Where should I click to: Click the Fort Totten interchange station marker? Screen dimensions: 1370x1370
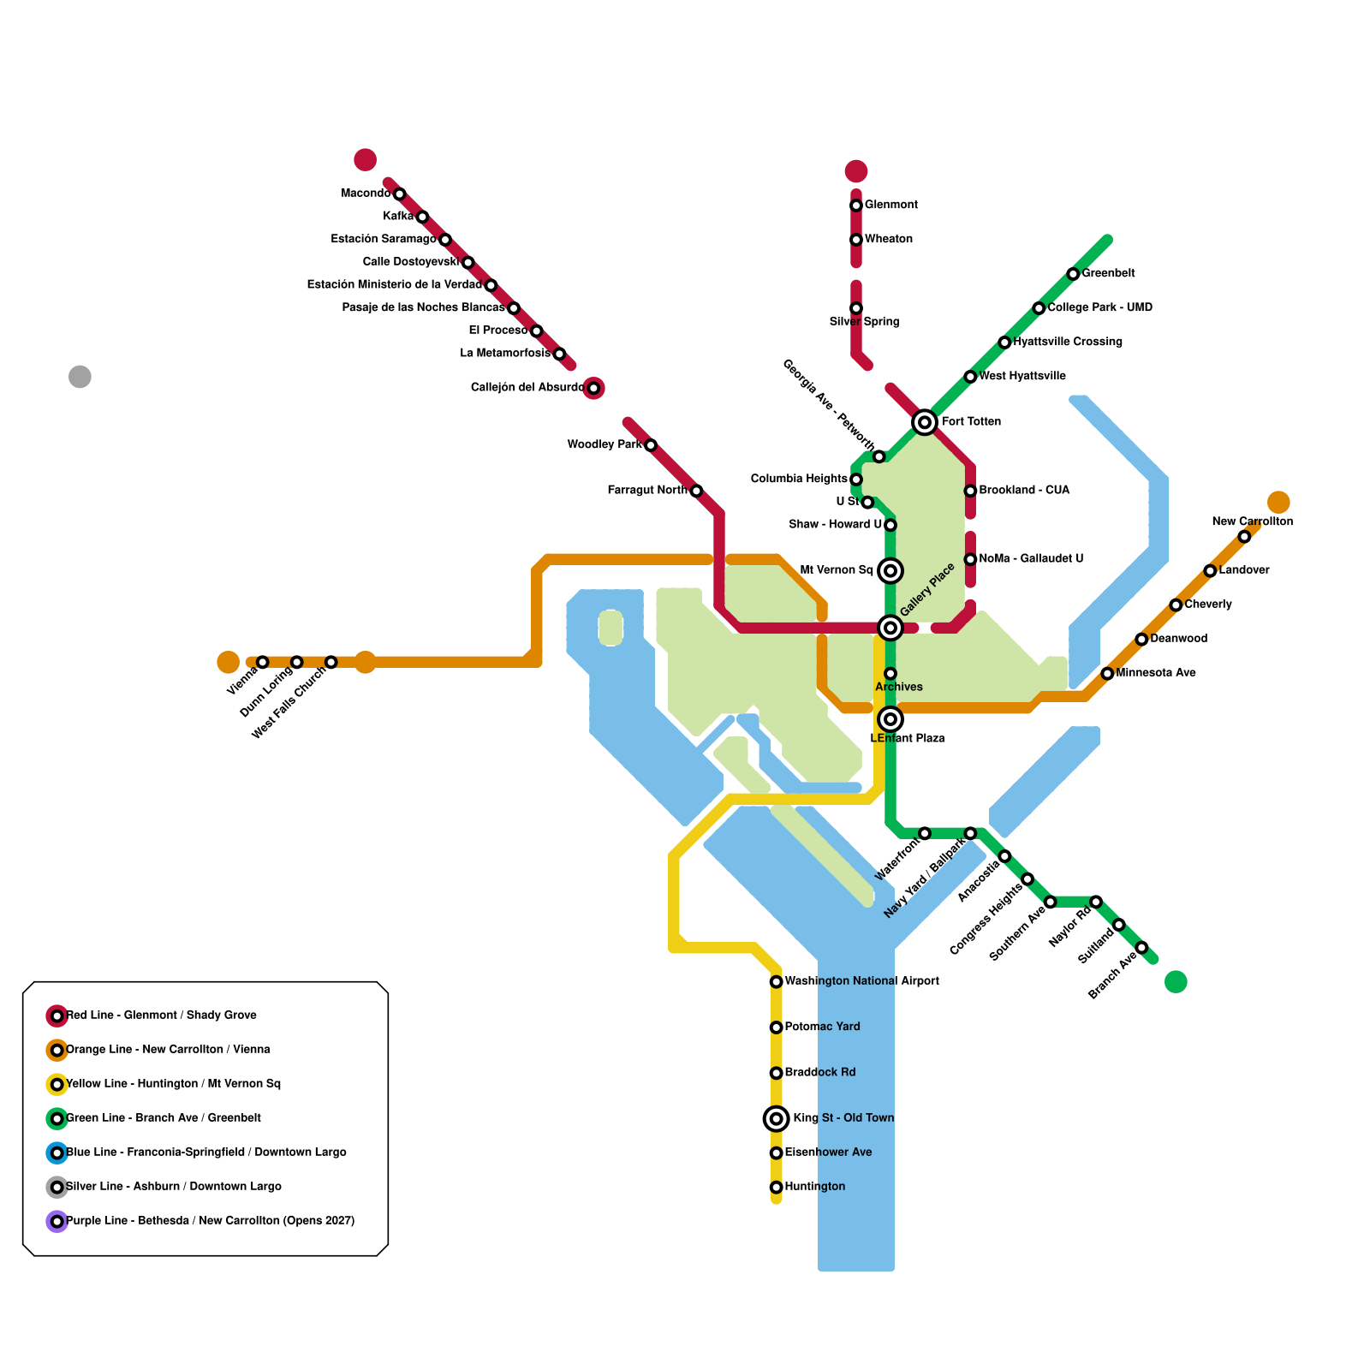[924, 421]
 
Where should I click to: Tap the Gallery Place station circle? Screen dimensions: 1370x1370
[890, 628]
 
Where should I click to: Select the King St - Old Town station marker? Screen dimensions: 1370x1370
[776, 1118]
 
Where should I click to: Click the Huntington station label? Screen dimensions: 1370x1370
[814, 1187]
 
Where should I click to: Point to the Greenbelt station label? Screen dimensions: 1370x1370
[1108, 273]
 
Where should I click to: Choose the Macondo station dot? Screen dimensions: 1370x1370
[399, 194]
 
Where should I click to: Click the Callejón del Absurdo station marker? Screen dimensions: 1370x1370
[593, 388]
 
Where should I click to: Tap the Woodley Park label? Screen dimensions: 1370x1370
[605, 444]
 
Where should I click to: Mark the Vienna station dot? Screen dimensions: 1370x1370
[262, 662]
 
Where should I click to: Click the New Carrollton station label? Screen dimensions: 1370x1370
[1252, 521]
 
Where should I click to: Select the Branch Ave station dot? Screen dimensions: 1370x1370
[1141, 947]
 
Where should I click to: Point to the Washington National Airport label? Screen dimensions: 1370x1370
[861, 981]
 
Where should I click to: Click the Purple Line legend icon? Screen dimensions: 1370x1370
[57, 1221]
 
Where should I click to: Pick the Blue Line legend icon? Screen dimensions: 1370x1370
[57, 1153]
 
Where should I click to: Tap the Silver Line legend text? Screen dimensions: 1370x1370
[174, 1187]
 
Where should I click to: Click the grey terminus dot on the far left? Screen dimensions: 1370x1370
[80, 377]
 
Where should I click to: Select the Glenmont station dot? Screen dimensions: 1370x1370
[855, 205]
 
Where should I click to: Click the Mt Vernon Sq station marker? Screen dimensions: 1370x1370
[890, 570]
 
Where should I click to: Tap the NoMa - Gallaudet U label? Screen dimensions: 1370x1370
[1031, 559]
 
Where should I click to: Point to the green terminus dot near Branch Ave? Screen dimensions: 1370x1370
[1176, 981]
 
